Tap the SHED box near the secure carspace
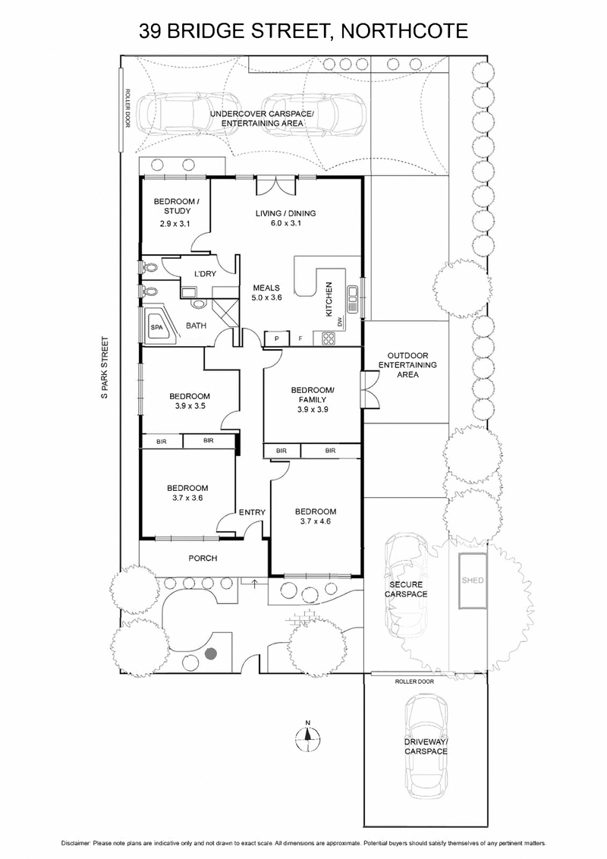472,581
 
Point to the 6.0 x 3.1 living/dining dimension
285,224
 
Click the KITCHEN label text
329,299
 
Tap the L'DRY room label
206,273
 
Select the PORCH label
203,558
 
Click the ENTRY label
252,512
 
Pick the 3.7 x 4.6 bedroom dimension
315,522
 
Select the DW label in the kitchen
341,322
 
